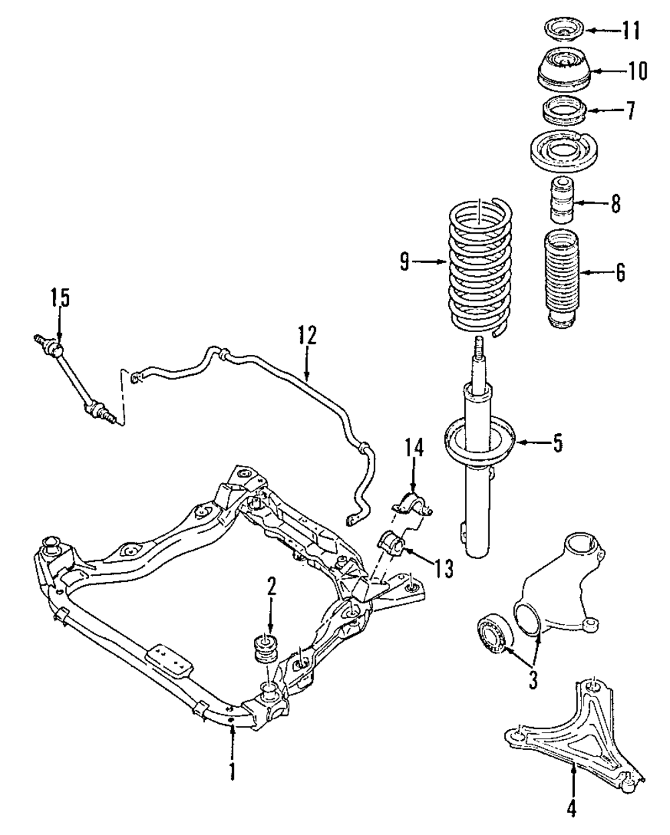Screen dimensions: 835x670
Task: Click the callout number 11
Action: click(630, 30)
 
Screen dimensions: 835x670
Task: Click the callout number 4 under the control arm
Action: click(572, 808)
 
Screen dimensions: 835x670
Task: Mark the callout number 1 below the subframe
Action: click(232, 770)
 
